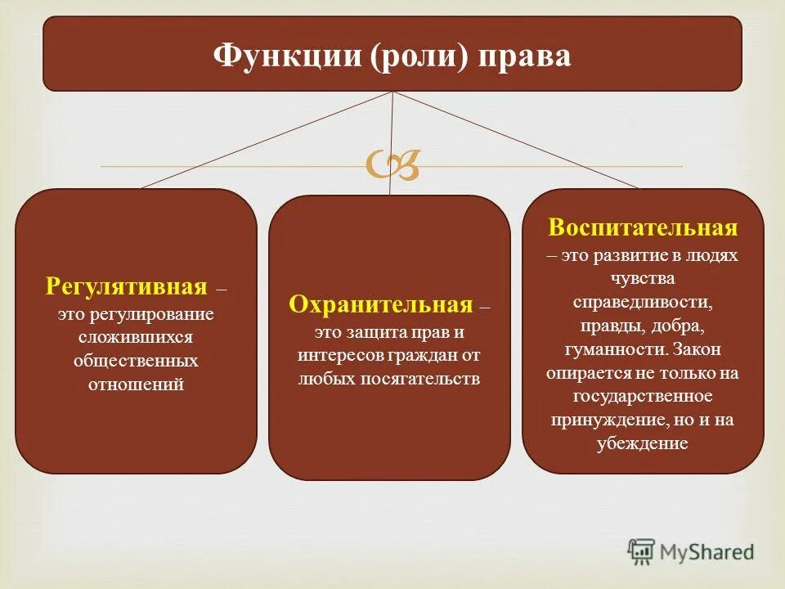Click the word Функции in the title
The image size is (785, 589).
pos(266,57)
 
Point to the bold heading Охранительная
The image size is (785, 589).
pos(381,305)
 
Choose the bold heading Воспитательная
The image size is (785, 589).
pos(643,227)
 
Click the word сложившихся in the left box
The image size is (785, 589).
pos(136,336)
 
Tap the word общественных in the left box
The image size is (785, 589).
pos(136,360)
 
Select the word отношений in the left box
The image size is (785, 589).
pos(136,384)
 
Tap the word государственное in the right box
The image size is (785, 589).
pos(643,397)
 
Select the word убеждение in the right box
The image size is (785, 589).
pos(643,444)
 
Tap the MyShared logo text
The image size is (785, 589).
pos(707,552)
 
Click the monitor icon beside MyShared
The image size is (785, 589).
pos(641,552)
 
